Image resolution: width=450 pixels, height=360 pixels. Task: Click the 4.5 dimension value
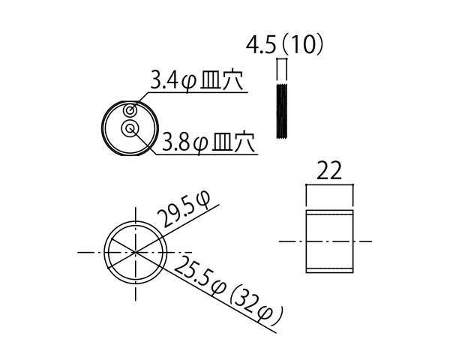click(x=261, y=45)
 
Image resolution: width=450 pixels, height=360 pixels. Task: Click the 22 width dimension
click(x=329, y=170)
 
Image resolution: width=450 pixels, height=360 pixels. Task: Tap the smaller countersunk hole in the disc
click(x=130, y=110)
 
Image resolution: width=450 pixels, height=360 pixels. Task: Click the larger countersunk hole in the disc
click(x=130, y=128)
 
